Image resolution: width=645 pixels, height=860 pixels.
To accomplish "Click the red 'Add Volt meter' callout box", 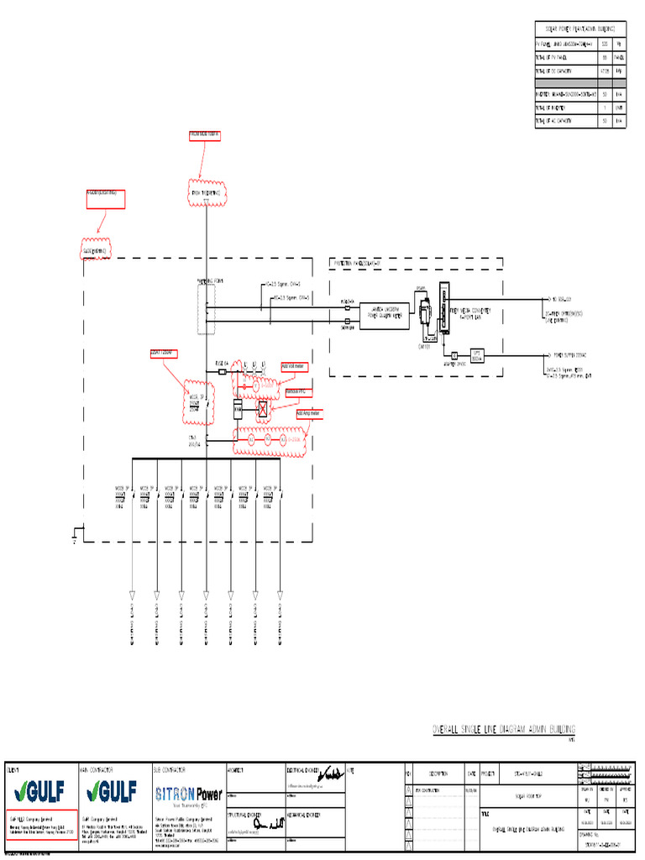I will tap(294, 365).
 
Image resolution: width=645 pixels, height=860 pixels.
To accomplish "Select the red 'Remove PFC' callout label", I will tap(297, 391).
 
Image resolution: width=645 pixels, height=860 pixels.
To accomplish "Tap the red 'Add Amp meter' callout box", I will tap(309, 412).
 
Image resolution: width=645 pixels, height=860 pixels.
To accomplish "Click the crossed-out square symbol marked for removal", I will tap(263, 409).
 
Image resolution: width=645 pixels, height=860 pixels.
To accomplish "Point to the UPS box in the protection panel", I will tap(476, 354).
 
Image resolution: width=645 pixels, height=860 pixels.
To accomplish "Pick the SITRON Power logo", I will tap(187, 794).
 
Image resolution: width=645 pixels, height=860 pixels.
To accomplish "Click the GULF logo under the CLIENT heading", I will tap(40, 793).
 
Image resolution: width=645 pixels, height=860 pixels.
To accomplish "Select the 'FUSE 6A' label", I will tap(222, 364).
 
